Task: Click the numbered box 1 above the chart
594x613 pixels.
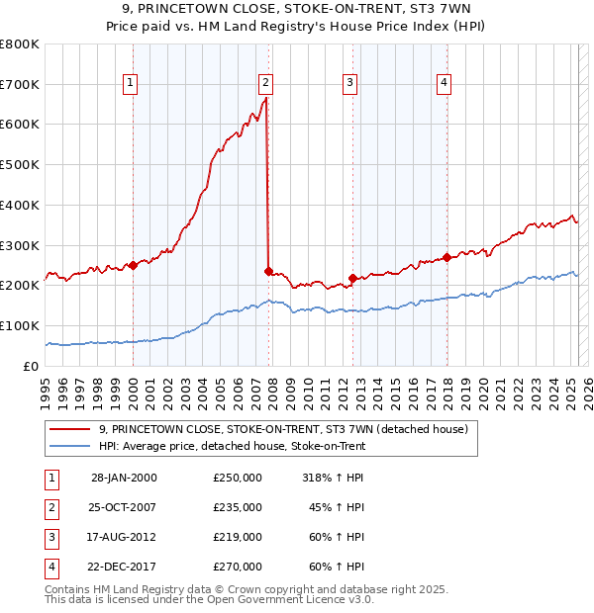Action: coord(132,83)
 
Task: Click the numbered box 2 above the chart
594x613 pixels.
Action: coord(267,83)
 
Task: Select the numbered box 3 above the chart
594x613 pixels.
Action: coord(350,83)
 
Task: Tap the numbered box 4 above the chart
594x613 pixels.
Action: coord(445,83)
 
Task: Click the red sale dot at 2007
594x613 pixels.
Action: coord(268,270)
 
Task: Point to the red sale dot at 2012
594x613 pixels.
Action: coord(352,278)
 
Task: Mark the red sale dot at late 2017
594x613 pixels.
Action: coord(447,257)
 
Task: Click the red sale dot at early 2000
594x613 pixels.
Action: coord(133,265)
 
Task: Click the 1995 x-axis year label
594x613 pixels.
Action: coord(46,386)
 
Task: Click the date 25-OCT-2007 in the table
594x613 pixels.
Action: coord(124,507)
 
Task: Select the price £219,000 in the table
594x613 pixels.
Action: coord(238,537)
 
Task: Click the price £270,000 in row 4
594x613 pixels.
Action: coord(238,567)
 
